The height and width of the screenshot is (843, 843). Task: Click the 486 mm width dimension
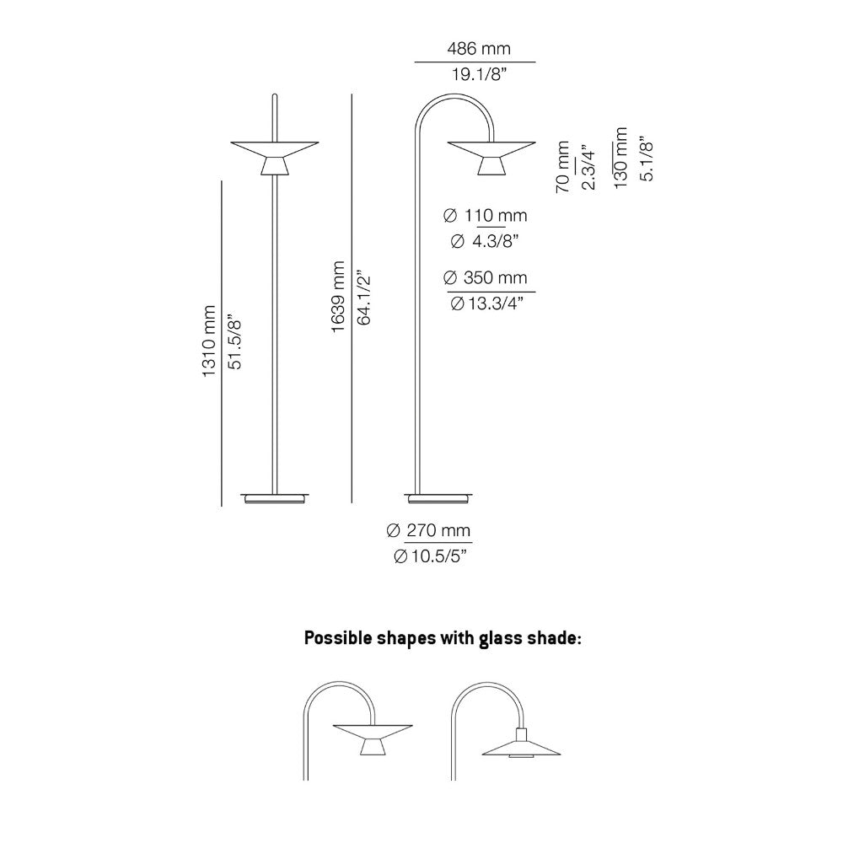coord(479,48)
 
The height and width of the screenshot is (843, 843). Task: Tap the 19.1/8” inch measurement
coord(479,74)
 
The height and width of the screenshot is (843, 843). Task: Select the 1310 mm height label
coord(208,341)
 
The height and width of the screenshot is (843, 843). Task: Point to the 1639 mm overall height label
coord(338,297)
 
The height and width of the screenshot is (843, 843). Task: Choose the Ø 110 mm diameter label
coord(485,216)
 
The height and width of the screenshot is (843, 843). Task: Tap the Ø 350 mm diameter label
coord(485,278)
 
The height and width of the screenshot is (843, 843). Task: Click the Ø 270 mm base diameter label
coord(428,530)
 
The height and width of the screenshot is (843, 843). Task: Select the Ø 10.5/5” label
coord(430,556)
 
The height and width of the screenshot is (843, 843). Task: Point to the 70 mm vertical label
coord(562,167)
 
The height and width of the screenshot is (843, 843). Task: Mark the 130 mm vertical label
coord(620,158)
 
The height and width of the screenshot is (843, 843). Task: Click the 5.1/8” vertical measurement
coord(647,158)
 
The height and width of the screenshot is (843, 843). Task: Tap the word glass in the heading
coord(492,638)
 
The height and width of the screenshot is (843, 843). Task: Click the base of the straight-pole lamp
coord(275,498)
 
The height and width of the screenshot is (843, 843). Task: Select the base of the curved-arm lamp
coord(438,498)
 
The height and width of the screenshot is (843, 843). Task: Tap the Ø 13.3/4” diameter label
coord(487,303)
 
